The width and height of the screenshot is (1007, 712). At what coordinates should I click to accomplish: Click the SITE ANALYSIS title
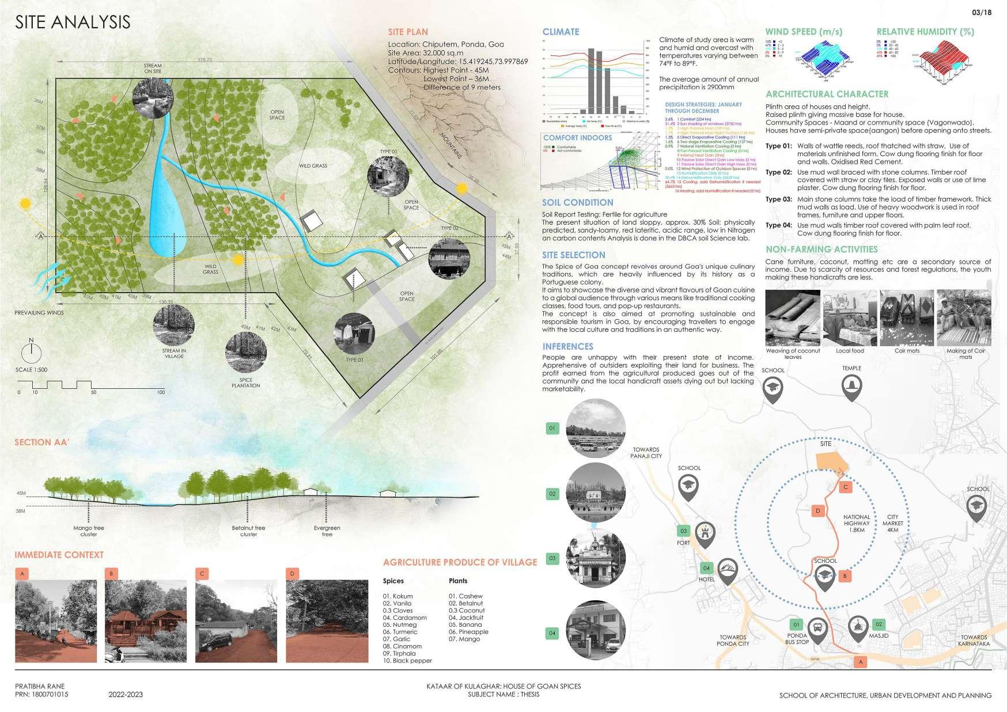(73, 22)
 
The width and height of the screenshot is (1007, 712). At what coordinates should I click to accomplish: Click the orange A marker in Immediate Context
(22, 574)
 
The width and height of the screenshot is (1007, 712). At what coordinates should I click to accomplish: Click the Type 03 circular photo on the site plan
(355, 334)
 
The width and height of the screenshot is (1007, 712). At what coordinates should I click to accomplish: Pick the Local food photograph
(850, 317)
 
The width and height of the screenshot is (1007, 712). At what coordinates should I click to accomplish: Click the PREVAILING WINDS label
(39, 313)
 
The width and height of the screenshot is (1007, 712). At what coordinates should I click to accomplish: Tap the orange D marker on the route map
(817, 510)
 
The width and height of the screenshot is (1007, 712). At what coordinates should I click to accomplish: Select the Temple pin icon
(851, 387)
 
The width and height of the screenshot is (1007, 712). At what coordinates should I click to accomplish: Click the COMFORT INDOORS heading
(577, 138)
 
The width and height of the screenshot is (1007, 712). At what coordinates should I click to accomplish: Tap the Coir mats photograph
(907, 317)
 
